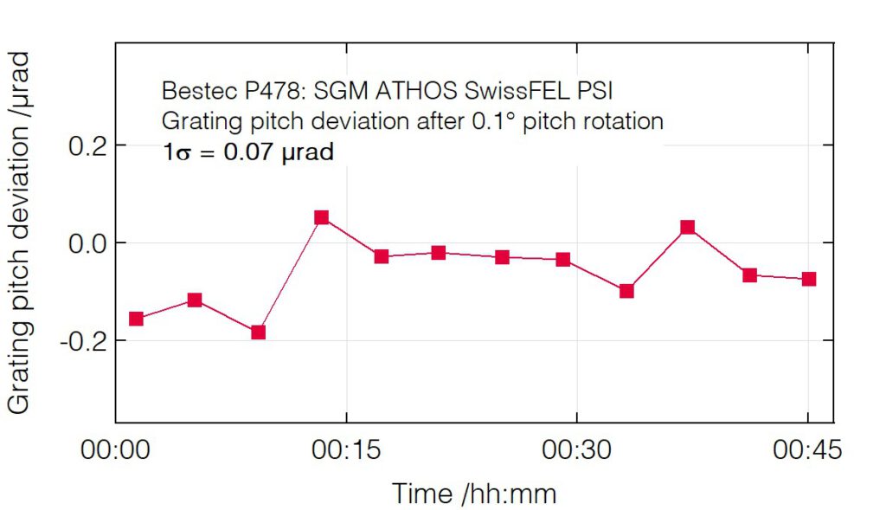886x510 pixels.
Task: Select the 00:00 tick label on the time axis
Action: click(x=116, y=451)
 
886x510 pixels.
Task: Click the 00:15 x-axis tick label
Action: click(x=346, y=451)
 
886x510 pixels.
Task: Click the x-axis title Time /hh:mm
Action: click(x=474, y=493)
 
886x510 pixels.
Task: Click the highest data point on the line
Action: click(x=322, y=217)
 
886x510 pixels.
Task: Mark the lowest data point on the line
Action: click(x=258, y=332)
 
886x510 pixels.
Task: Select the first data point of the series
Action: click(x=136, y=319)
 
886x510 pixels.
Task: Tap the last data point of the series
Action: click(x=809, y=279)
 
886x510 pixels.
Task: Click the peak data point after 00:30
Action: click(x=688, y=228)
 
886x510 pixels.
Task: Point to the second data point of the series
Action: click(x=195, y=300)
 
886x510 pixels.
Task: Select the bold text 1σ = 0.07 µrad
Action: click(x=247, y=153)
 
